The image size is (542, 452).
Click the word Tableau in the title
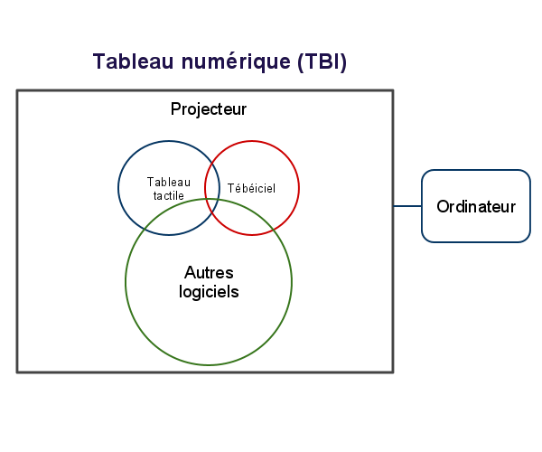click(133, 61)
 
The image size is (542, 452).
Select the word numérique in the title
click(236, 61)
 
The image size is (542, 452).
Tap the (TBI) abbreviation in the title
click(322, 61)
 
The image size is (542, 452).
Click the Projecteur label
click(209, 109)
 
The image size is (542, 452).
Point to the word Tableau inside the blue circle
click(169, 182)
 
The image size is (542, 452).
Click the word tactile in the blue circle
click(168, 195)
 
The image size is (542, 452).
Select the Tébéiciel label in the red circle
click(251, 188)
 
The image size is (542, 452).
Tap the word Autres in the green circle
click(209, 272)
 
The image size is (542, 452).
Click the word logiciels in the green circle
click(209, 292)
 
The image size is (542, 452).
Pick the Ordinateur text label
click(476, 206)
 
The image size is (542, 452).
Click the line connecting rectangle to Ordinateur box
click(407, 206)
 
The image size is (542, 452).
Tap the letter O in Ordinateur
click(443, 206)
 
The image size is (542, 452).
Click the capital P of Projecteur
click(176, 108)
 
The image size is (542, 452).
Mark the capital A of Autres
click(191, 272)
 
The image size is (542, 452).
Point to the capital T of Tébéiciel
click(231, 188)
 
